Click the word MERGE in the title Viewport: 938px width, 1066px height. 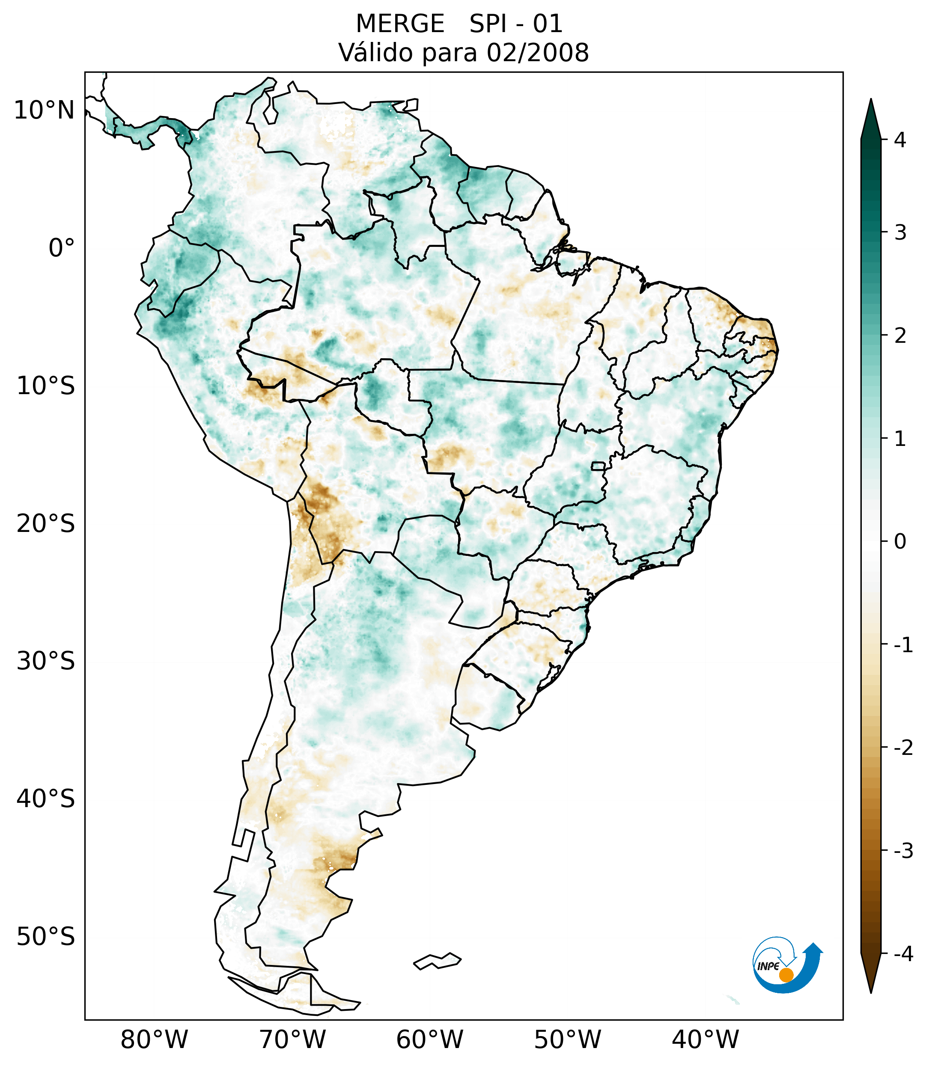(x=400, y=24)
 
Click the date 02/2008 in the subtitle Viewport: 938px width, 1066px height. (x=538, y=53)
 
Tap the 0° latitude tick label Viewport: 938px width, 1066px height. (x=62, y=248)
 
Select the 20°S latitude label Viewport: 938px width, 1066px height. (x=46, y=524)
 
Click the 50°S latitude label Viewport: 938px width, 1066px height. (x=46, y=937)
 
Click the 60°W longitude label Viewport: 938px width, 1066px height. (x=429, y=1040)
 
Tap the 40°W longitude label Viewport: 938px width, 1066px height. (x=706, y=1040)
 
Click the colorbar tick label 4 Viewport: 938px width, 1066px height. (x=900, y=140)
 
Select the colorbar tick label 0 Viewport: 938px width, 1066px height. (x=900, y=542)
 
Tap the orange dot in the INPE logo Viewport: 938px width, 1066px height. (x=786, y=975)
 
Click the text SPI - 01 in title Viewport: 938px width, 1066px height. (x=516, y=24)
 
